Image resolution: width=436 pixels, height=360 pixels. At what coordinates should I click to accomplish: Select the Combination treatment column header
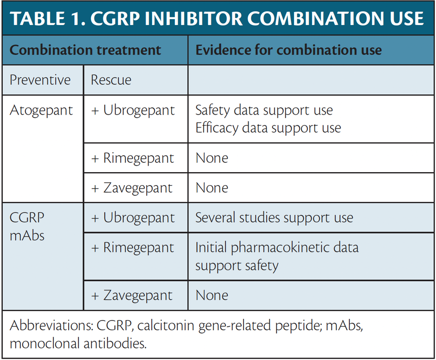point(85,50)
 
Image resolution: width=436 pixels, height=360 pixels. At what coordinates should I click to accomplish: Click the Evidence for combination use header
point(289,50)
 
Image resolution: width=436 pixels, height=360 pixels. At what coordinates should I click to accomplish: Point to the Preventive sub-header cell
point(40,80)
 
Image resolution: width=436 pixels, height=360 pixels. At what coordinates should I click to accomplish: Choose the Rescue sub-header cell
point(111,80)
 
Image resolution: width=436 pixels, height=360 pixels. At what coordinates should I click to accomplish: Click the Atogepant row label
point(41,110)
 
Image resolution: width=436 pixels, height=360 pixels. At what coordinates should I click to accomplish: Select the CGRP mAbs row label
point(27,226)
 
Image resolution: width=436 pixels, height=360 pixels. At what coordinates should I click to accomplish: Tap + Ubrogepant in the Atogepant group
point(133,110)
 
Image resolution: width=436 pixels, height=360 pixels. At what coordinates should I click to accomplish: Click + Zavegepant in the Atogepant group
point(132,188)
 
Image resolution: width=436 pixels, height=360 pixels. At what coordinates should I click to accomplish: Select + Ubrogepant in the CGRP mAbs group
point(133,218)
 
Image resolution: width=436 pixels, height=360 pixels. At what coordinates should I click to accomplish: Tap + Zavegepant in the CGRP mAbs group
point(132,296)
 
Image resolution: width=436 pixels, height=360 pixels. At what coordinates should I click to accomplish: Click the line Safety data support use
point(264,110)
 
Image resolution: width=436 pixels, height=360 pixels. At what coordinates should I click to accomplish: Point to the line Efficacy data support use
point(268,128)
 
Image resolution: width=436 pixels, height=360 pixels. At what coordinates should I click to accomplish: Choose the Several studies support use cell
point(274,218)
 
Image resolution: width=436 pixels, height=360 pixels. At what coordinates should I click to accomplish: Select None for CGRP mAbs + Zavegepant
point(212,296)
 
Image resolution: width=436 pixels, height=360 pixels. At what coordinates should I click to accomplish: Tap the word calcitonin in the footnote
point(168,326)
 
